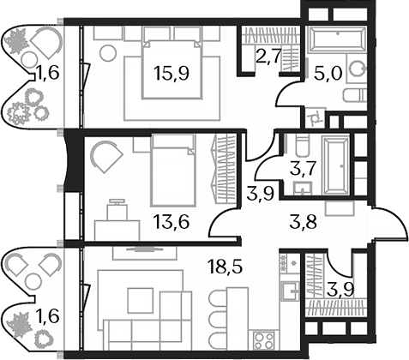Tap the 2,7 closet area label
pyautogui.click(x=264, y=58)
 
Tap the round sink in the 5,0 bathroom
pyautogui.click(x=357, y=74)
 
